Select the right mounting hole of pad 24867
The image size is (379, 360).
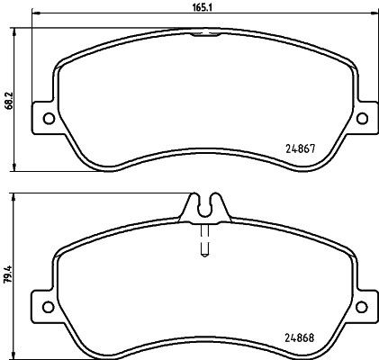[363, 118]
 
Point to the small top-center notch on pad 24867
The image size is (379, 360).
[206, 35]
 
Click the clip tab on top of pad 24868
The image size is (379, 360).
[205, 206]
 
